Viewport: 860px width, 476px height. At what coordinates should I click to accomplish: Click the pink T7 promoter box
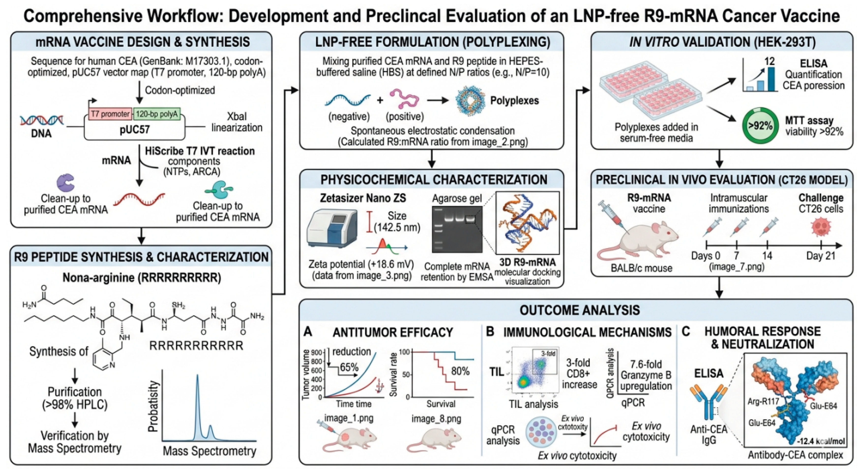pyautogui.click(x=110, y=114)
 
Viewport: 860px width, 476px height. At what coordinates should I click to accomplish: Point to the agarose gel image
pyautogui.click(x=457, y=229)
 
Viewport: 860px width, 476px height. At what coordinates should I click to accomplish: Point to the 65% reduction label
pyautogui.click(x=349, y=367)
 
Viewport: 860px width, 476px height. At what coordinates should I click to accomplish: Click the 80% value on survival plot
pyautogui.click(x=460, y=371)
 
